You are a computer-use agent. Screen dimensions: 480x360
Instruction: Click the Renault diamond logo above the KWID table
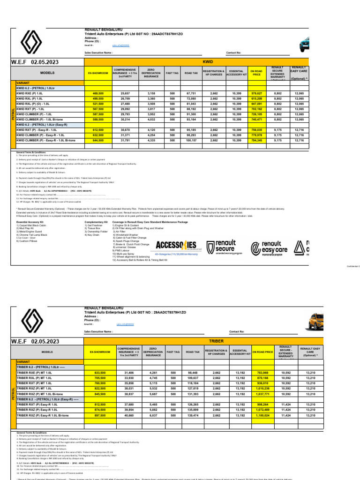pyautogui.click(x=32, y=42)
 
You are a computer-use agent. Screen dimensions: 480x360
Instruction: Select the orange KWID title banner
pyautogui.click(x=208, y=61)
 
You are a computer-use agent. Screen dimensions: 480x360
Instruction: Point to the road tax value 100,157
pyautogui.click(x=191, y=140)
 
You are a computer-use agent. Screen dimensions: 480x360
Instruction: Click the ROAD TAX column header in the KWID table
pyautogui.click(x=191, y=74)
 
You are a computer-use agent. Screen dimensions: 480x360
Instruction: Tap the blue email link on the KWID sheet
pyautogui.click(x=120, y=45)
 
